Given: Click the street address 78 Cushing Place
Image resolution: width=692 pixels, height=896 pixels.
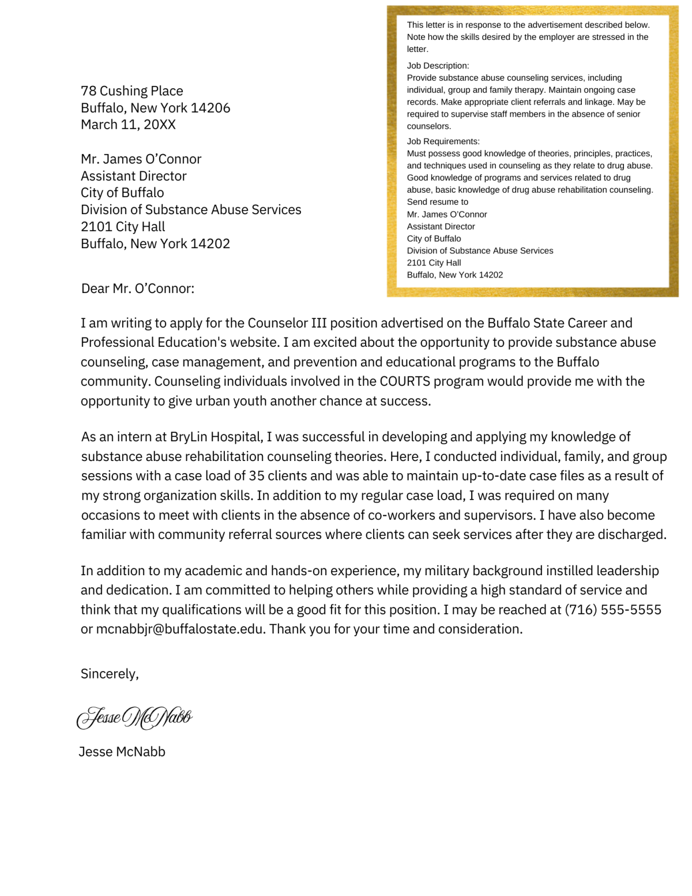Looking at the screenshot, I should (132, 91).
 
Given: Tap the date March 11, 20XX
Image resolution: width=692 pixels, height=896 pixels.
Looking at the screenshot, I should (128, 125).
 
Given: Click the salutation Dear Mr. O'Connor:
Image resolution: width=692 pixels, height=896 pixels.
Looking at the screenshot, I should (138, 288).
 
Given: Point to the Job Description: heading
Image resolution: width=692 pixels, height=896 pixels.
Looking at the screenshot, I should (438, 66).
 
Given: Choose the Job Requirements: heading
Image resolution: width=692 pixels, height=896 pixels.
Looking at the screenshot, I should (443, 141).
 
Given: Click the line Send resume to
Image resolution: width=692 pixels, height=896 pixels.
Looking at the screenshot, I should (437, 202).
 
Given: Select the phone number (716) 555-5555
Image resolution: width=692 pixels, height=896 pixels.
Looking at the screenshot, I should (612, 610).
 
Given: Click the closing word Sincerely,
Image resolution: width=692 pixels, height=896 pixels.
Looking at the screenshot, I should (110, 674).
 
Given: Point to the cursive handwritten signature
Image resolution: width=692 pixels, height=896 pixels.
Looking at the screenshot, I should (134, 718).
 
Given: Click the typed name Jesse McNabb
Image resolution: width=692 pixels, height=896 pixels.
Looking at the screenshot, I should (122, 752).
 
